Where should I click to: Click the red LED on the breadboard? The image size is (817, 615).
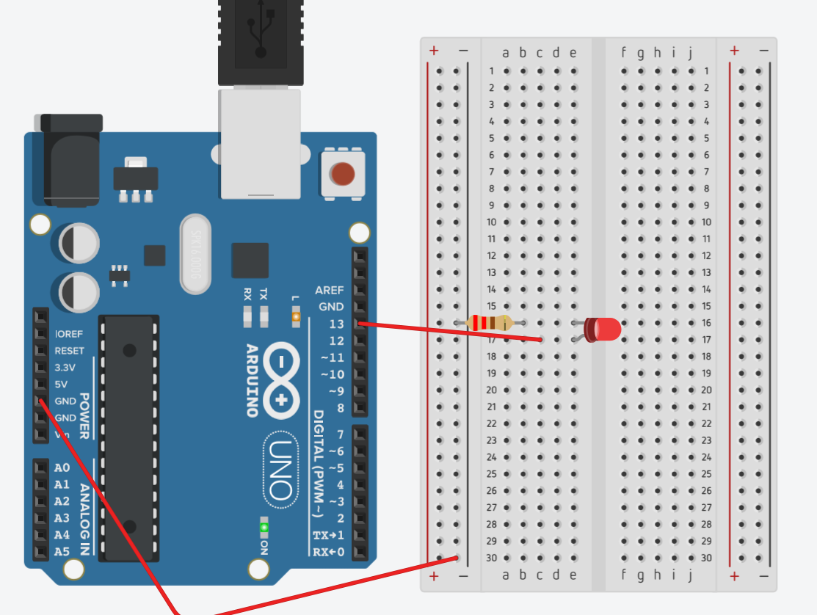coord(603,329)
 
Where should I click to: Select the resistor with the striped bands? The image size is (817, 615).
coord(490,322)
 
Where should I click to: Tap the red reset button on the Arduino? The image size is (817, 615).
coord(343,174)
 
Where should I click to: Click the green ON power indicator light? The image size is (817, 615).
coord(264,527)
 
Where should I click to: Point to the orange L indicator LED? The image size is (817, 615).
coord(297,317)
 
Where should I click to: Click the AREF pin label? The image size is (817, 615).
coord(330,290)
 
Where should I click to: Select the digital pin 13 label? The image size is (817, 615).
coord(337,324)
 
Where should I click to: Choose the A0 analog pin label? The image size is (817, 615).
coord(62,468)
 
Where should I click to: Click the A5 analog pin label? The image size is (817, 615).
coord(62,551)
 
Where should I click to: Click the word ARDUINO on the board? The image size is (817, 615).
coord(251,380)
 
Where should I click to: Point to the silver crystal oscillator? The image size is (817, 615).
coord(195,253)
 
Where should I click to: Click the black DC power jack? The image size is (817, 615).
coord(71,161)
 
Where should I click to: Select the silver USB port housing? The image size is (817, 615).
coord(260,143)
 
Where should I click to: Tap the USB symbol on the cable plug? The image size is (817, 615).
coord(260,31)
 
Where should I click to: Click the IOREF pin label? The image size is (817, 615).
coord(70,334)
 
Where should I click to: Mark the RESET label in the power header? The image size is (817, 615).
coord(70,351)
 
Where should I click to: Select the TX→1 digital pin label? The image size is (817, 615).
coord(329,535)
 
